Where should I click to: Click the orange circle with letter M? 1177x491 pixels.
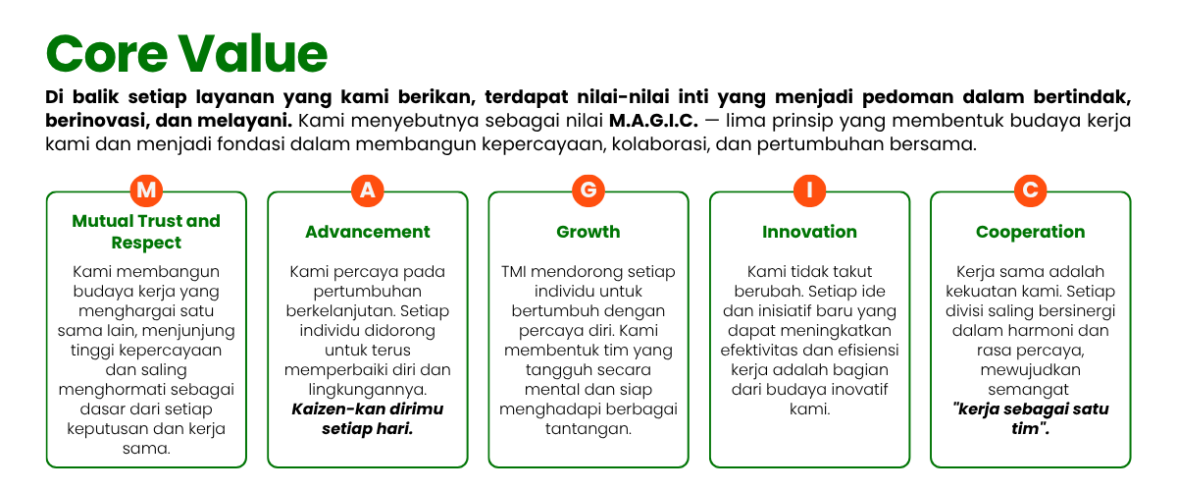pyautogui.click(x=146, y=190)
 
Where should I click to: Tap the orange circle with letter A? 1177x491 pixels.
pyautogui.click(x=367, y=190)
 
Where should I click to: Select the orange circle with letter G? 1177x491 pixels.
pyautogui.click(x=588, y=190)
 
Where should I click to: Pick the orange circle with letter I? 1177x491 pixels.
pyautogui.click(x=809, y=190)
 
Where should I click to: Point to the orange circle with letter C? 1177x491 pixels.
pyautogui.click(x=1030, y=190)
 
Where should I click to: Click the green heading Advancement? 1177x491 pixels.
pyautogui.click(x=367, y=232)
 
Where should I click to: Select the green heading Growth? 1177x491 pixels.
pyautogui.click(x=588, y=232)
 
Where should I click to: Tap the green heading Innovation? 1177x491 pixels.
pyautogui.click(x=809, y=232)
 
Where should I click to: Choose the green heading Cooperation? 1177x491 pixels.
pyautogui.click(x=1030, y=232)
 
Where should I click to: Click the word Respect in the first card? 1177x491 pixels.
pyautogui.click(x=146, y=243)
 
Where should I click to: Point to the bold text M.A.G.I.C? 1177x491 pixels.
pyautogui.click(x=653, y=121)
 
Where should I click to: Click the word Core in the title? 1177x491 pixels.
pyautogui.click(x=107, y=54)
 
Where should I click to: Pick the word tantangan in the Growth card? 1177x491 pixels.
pyautogui.click(x=588, y=429)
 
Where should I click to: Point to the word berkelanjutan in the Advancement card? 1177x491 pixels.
pyautogui.click(x=340, y=311)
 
